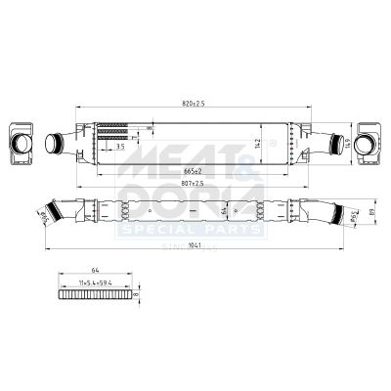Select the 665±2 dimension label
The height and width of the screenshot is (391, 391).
pos(194,173)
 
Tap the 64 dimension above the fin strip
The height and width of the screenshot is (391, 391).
pos(95,269)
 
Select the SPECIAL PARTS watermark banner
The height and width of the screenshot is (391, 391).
pos(190,229)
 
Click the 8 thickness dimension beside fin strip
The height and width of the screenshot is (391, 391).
pos(138,292)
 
